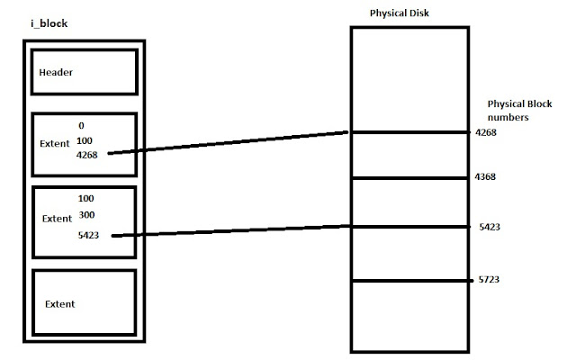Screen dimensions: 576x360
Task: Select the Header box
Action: tap(85, 72)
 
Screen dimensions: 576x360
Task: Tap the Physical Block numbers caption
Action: tap(514, 111)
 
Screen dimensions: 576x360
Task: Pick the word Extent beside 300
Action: tap(57, 218)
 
